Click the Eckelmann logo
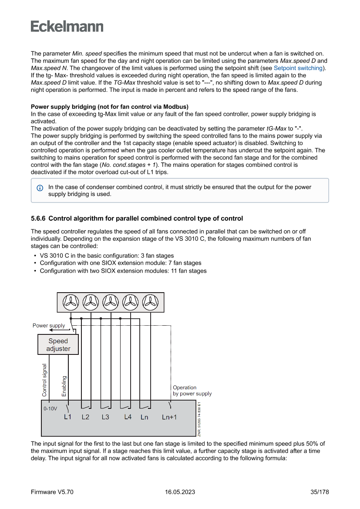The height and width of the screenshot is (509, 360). coord(67,26)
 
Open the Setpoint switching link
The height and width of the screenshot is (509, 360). coord(298,68)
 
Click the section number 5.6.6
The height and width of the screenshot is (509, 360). coord(40,218)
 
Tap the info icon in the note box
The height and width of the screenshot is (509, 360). coord(40,188)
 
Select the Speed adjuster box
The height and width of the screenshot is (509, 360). coord(58,345)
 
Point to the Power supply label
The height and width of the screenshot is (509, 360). coord(49,326)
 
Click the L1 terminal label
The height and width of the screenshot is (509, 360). coord(67,417)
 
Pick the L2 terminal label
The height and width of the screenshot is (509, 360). coord(86,417)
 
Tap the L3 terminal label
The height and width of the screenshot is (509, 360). coord(105,417)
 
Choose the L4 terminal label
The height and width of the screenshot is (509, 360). coord(128,417)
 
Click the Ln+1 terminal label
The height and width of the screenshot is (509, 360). coord(169,417)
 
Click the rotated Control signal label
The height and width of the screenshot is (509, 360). coord(44,380)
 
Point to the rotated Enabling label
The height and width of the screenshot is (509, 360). coord(64,386)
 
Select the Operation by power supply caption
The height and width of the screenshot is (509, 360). coord(192,391)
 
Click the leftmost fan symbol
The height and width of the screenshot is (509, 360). coord(70,301)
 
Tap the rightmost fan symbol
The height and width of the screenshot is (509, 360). coord(151,301)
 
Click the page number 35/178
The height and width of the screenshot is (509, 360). coord(320,492)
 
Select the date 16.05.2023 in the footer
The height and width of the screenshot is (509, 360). coord(180,492)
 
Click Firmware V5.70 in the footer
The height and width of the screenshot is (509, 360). coord(52,492)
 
